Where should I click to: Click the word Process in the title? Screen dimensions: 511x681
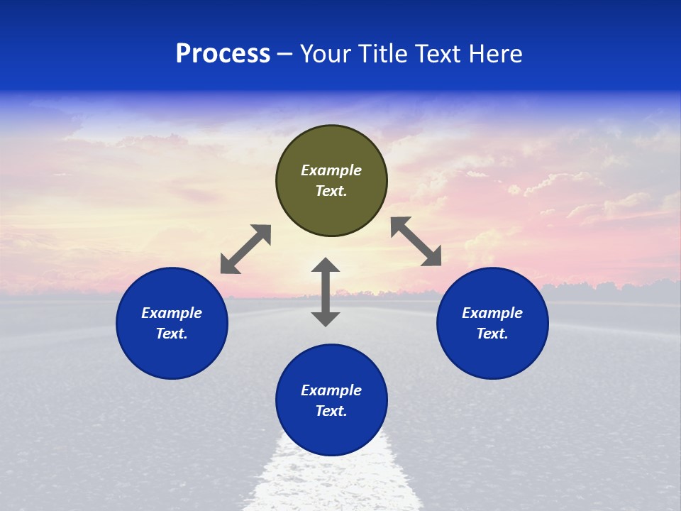[x=223, y=54]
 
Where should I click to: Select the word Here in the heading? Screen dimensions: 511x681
[x=495, y=54]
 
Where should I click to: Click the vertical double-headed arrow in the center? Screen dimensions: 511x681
[x=326, y=292]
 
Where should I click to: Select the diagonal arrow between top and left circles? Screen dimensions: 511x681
[x=245, y=249]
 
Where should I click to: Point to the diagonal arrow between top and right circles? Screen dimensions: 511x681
[x=416, y=241]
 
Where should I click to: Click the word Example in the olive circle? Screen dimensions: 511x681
[x=331, y=170]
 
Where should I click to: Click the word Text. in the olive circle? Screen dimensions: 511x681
[x=331, y=191]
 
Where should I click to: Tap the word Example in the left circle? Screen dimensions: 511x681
[x=172, y=313]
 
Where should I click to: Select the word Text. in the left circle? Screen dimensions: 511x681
[x=172, y=334]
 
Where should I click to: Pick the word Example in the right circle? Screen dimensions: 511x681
[x=492, y=313]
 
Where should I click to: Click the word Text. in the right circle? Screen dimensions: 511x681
[x=492, y=334]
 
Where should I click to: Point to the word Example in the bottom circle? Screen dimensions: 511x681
[x=331, y=390]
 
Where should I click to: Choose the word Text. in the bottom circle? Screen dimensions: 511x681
[x=331, y=411]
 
